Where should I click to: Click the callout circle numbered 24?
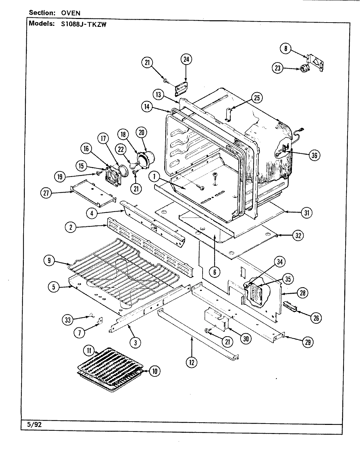point(186,60)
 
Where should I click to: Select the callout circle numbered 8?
point(285,48)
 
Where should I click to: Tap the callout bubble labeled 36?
point(314,155)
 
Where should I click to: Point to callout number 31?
point(307,213)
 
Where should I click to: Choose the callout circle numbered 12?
point(192,362)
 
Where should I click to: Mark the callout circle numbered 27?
point(46,193)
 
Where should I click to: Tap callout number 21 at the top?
point(147,62)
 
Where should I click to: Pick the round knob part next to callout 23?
point(305,69)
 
